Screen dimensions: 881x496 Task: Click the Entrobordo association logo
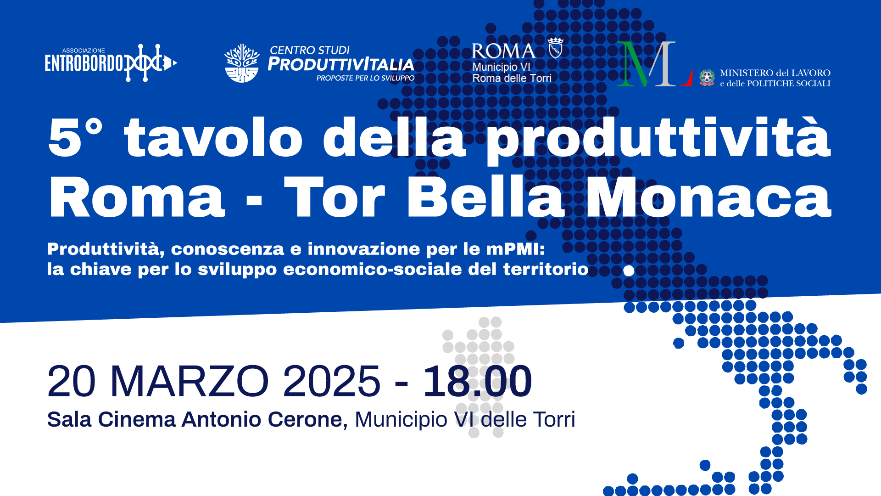click(111, 63)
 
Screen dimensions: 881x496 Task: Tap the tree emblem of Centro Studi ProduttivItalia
click(242, 63)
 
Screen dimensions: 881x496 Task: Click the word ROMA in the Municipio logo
click(503, 51)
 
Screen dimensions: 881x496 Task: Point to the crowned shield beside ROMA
click(555, 47)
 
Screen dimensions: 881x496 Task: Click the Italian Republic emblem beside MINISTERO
click(707, 78)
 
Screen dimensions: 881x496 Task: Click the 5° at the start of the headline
click(75, 137)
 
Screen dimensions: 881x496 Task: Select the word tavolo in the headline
click(213, 136)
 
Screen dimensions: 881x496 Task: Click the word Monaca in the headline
click(709, 196)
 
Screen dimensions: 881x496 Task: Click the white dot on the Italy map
click(629, 271)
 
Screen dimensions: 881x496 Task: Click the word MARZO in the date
click(190, 381)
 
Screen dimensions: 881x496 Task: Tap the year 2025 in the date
click(332, 381)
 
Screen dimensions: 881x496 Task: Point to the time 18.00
click(477, 381)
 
